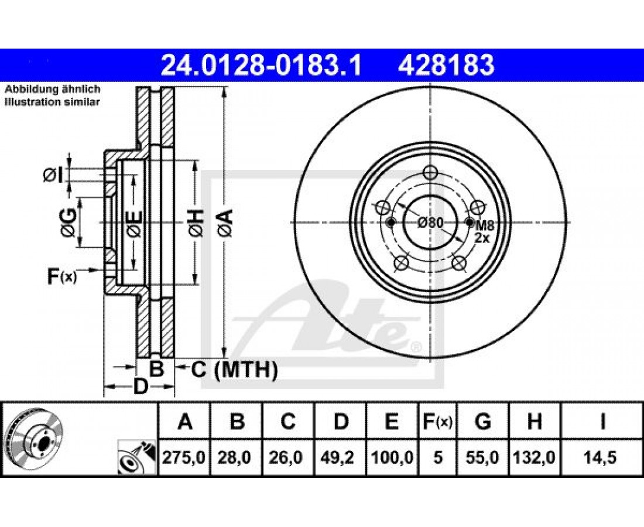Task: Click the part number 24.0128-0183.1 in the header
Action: point(261,66)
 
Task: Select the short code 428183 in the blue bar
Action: point(446,66)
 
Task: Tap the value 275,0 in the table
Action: point(184,457)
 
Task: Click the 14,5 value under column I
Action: point(602,457)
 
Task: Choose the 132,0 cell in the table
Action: point(534,457)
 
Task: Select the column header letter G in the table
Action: point(482,422)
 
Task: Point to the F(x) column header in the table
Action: point(437,422)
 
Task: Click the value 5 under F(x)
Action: point(438,457)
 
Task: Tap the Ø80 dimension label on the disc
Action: point(430,223)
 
